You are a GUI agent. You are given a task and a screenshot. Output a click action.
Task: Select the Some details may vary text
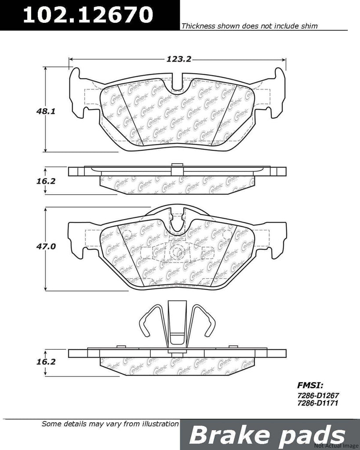coord(110,425)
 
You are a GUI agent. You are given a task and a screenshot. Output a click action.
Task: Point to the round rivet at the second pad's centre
coord(178,252)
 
